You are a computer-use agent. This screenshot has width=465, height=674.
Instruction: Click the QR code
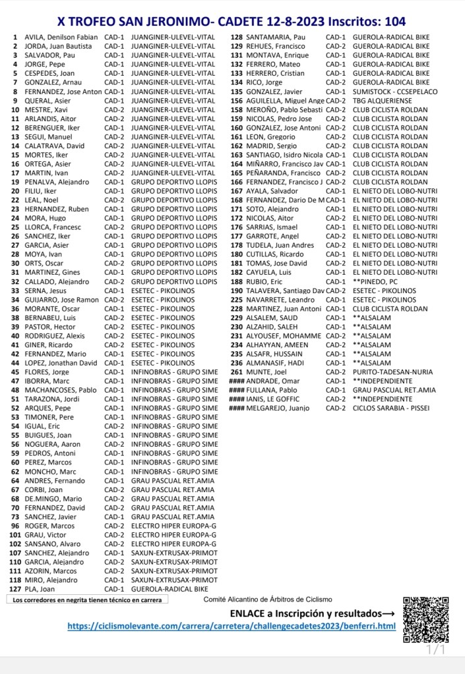pyautogui.click(x=425, y=619)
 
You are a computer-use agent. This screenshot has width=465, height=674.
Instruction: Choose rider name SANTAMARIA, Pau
pyautogui.click(x=276, y=38)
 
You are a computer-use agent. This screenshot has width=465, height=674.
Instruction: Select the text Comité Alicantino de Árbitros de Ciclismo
pyautogui.click(x=268, y=600)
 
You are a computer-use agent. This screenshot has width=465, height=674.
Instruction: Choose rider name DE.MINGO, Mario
pyautogui.click(x=53, y=499)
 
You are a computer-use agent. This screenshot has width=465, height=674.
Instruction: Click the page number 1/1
pyautogui.click(x=436, y=651)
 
